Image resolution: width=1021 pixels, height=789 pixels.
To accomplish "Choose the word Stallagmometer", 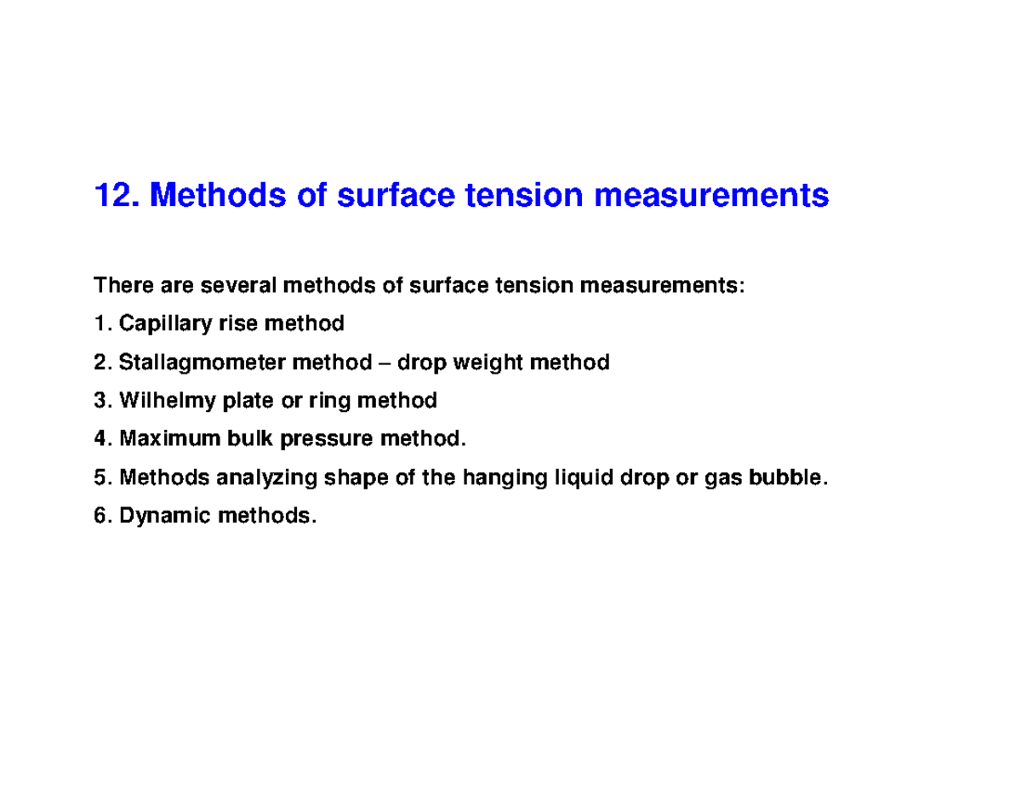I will click(x=203, y=363).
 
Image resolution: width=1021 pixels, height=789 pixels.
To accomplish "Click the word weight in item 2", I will click(x=488, y=363).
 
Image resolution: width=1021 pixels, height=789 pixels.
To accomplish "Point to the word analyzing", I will click(x=264, y=478).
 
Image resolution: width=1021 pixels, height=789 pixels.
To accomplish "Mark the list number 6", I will click(x=100, y=517).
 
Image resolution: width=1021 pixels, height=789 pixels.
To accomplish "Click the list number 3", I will click(x=100, y=401).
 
